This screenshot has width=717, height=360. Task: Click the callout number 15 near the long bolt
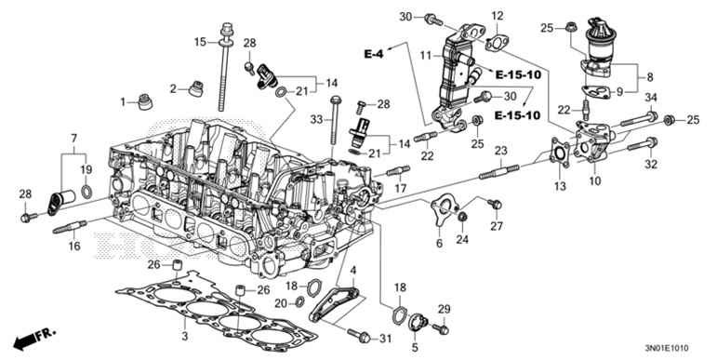(x=200, y=42)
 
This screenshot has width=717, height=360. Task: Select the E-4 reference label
(x=374, y=55)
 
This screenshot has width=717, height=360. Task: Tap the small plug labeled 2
(x=196, y=89)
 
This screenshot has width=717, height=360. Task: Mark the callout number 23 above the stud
(x=499, y=151)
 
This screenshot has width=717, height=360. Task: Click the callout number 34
(x=651, y=99)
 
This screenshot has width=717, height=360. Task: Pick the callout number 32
(x=651, y=165)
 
